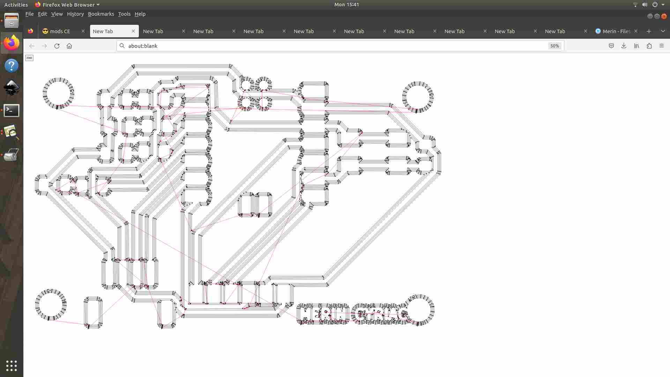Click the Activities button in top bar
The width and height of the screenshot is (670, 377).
coord(16,5)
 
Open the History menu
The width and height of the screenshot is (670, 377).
coord(75,14)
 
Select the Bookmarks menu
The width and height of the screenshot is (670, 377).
coord(101,14)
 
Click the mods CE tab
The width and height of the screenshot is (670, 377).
coord(60,31)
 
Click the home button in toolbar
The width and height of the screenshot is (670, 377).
coord(69,46)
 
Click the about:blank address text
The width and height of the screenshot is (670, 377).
coord(143,46)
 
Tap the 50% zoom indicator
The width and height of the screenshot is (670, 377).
coord(554,46)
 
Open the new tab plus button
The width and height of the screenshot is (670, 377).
coord(649,31)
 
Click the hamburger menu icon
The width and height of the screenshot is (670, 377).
coord(662,46)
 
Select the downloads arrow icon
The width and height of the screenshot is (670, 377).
coord(624,46)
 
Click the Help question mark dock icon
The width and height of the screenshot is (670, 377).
coord(12,66)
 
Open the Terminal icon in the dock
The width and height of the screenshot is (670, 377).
coord(12,110)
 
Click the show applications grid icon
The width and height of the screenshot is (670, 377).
coord(12,365)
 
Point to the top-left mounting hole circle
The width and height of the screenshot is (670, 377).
coord(58,93)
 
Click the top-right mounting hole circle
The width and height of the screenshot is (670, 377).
coord(418,97)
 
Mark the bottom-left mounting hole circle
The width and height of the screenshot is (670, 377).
coord(51,304)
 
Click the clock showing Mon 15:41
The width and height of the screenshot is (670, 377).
coord(346,5)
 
